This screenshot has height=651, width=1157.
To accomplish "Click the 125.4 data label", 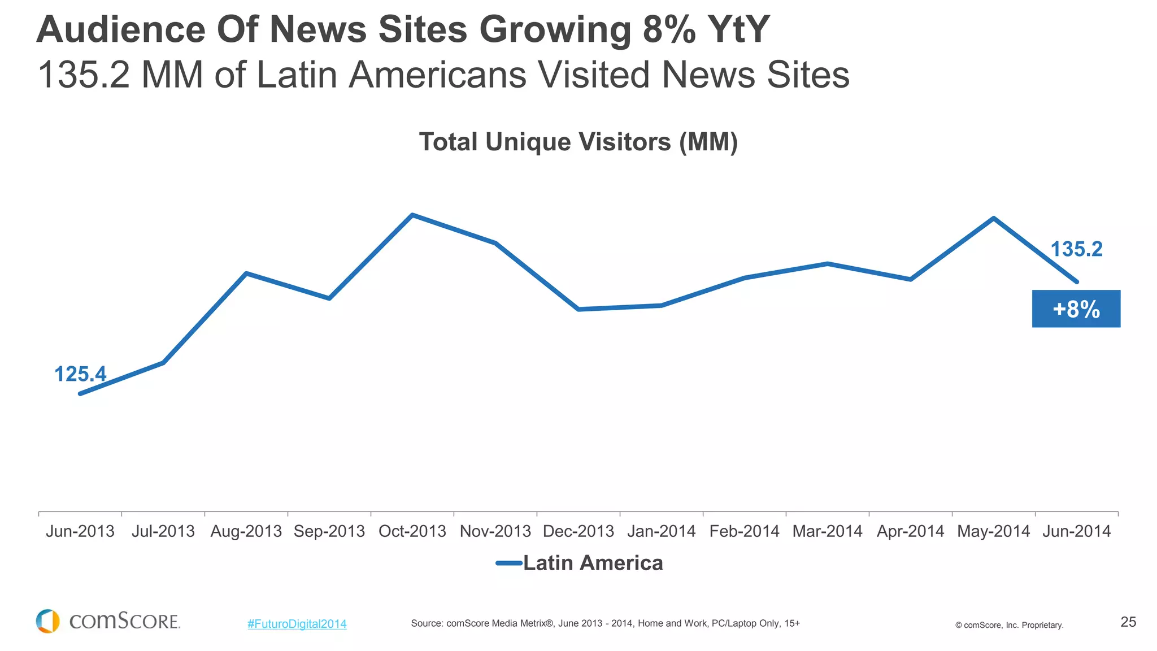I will pos(80,374).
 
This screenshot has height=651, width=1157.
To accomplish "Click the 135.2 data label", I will pos(1076,249).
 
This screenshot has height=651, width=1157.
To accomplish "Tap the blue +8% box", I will pos(1076,309).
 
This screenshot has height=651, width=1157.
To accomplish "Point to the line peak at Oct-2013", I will pos(412,215).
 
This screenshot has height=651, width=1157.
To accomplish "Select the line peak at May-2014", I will pos(993,218).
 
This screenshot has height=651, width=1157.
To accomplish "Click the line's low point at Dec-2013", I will pos(578,309).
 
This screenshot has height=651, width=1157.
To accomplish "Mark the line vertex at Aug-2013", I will pos(246,274).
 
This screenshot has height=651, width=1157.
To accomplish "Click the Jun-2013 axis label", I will pos(80,531).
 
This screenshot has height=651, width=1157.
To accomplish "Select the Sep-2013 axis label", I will pos(329,531).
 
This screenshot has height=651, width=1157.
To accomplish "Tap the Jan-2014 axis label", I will pos(661,531).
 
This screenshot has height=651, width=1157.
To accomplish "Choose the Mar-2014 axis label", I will pos(827,531).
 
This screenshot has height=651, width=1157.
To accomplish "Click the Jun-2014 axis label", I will pos(1076,531).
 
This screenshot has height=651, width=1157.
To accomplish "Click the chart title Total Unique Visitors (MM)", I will pos(578,142).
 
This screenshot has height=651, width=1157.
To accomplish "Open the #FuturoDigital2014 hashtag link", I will pos(297,624).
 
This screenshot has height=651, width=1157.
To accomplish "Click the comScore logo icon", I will pos(48,621).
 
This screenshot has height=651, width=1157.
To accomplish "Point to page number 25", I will pos(1128,622).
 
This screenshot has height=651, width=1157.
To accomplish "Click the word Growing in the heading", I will pos(555,29).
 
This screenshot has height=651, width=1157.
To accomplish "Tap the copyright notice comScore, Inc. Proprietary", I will pos(1010,625).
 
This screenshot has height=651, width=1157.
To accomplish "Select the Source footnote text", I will pos(605,623).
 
